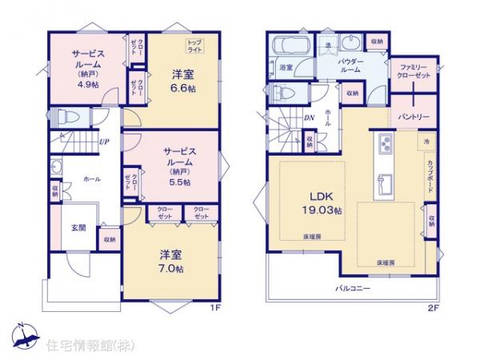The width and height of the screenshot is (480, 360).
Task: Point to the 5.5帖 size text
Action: click(178, 183)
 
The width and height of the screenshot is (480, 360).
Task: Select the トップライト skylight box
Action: click(195, 46)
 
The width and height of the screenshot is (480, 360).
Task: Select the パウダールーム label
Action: click(350, 66)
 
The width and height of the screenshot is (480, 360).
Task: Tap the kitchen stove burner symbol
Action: click(382, 144)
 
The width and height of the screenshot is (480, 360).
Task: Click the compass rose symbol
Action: click(24, 337)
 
